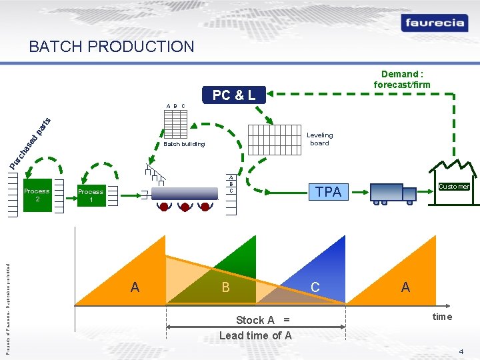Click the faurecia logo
[x=433, y=23]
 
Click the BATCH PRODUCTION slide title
[x=111, y=47]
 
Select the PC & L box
[x=233, y=95]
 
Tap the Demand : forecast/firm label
[x=402, y=79]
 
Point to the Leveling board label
[x=319, y=139]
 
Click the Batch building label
[x=184, y=144]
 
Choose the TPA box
[x=328, y=192]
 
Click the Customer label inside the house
[x=454, y=187]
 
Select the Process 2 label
[x=37, y=195]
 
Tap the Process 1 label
[x=91, y=195]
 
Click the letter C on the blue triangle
[x=315, y=287]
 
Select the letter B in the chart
[x=225, y=288]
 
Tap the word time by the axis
[x=442, y=317]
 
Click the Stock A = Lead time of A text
[x=255, y=327]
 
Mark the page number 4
[x=461, y=351]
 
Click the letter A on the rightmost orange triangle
[x=405, y=287]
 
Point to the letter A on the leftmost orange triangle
[x=135, y=287]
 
